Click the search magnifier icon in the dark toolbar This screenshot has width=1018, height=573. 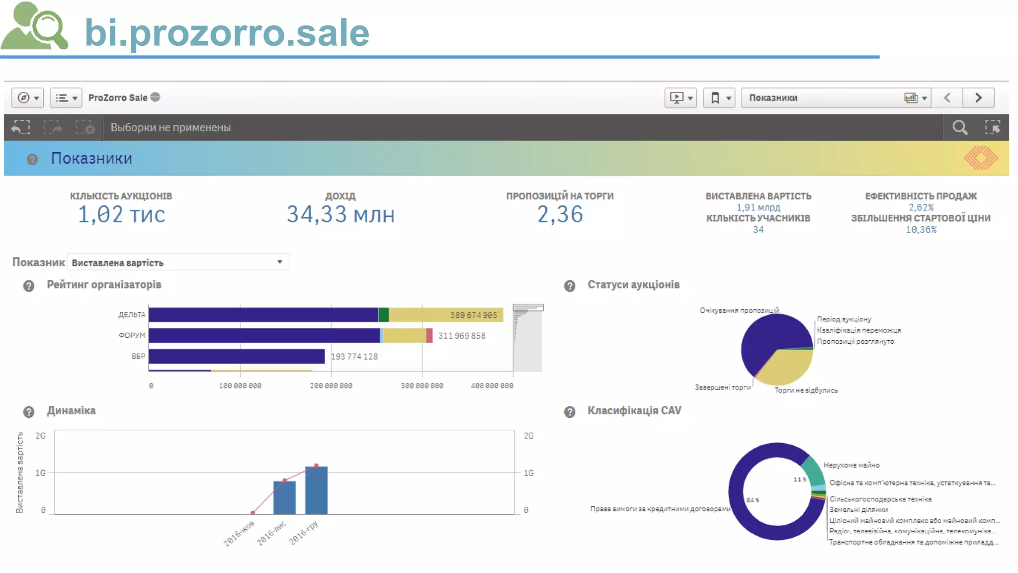[960, 128]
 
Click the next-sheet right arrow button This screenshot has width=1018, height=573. [978, 98]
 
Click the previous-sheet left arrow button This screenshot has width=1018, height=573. [947, 98]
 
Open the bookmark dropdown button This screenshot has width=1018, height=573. [719, 98]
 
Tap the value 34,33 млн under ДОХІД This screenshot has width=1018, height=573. [340, 215]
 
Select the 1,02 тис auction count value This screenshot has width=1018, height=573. [121, 215]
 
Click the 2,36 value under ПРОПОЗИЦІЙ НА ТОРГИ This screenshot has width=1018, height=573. [560, 215]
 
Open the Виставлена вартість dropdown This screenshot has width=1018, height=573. [178, 262]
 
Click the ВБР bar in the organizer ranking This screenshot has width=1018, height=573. [237, 356]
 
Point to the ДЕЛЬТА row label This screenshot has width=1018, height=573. [132, 315]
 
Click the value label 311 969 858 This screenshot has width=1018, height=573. [461, 336]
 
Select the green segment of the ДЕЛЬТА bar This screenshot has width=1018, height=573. [383, 315]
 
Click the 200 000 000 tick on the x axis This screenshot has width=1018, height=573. [331, 385]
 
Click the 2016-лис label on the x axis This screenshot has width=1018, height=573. [271, 533]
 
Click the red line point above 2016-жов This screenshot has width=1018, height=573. [253, 512]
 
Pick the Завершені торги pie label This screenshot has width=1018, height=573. [722, 387]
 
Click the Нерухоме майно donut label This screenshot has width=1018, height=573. [851, 465]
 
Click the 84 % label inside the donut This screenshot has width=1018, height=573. [753, 500]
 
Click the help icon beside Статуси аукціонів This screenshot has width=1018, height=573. [570, 286]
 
